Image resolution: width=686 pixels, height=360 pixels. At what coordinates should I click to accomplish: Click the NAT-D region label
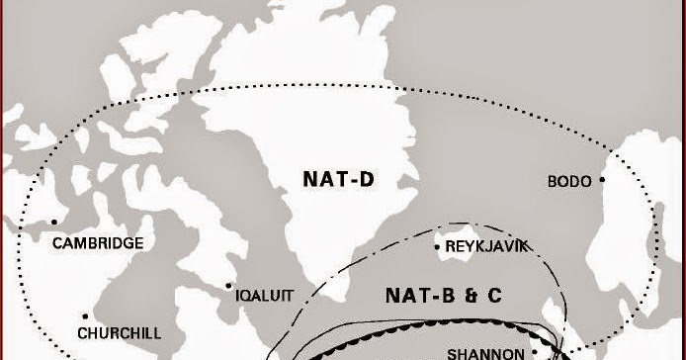[342, 179]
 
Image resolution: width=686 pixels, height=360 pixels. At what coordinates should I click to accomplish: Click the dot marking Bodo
[602, 179]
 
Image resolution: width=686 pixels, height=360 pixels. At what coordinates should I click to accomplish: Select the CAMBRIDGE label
[98, 243]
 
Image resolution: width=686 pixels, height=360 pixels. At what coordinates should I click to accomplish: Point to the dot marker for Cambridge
[54, 222]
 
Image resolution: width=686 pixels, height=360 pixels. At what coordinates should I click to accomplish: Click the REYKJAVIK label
[487, 245]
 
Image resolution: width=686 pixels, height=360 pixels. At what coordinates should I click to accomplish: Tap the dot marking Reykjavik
[438, 246]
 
